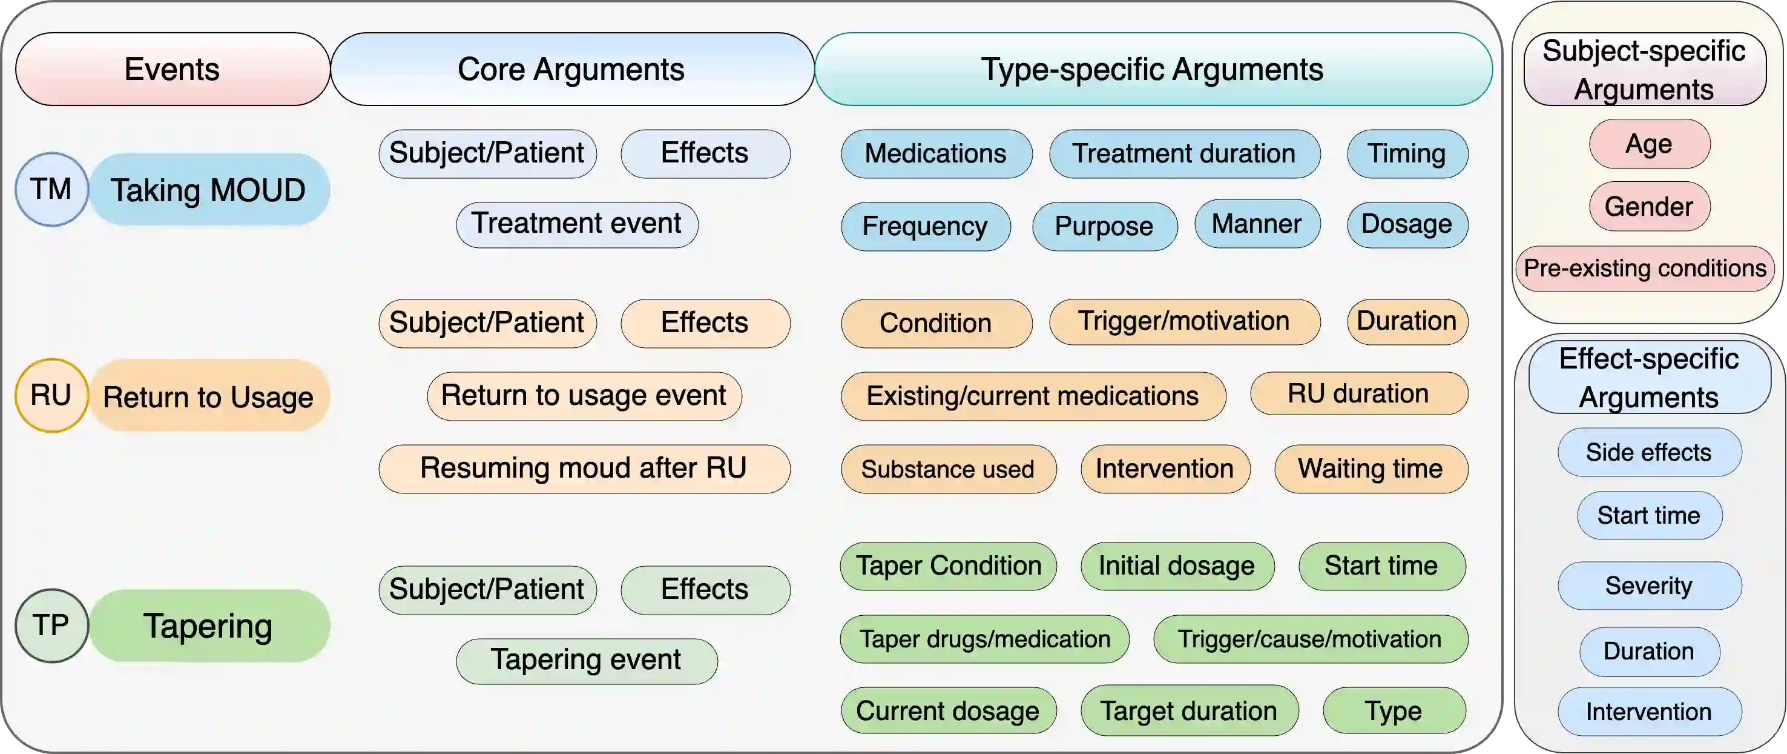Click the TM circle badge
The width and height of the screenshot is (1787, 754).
click(51, 190)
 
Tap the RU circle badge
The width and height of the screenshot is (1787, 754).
click(51, 396)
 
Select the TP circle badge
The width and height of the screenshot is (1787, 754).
click(51, 626)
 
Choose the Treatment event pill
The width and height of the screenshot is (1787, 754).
click(576, 224)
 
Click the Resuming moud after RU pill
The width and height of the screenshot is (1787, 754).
click(584, 469)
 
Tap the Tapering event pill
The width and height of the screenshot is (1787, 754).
click(586, 660)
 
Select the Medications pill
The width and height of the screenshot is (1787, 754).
click(936, 153)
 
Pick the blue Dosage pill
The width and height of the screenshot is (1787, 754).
click(1406, 224)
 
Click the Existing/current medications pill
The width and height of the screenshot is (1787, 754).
click(1032, 396)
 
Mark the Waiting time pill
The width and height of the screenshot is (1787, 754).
click(1370, 469)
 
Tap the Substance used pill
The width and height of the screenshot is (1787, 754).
click(947, 469)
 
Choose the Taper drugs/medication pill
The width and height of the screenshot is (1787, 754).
click(984, 639)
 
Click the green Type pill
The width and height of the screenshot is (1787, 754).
click(1394, 711)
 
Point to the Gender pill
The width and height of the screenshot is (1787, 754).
click(1648, 207)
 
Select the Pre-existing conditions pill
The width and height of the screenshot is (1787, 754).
click(1645, 269)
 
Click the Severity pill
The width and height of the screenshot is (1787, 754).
click(1648, 586)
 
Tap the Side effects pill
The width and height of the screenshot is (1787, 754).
click(1648, 453)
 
